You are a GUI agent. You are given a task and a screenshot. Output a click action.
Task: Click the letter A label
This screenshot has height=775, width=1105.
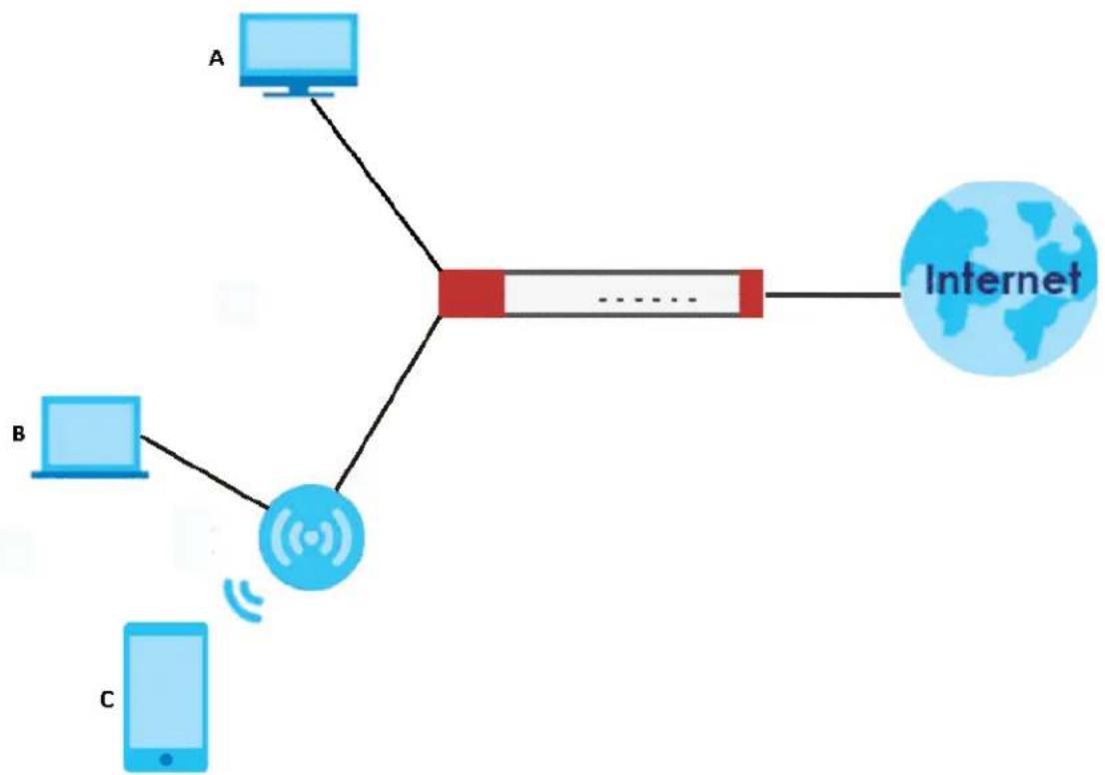point(217,59)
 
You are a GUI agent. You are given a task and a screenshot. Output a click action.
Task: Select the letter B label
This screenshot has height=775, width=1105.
point(19,434)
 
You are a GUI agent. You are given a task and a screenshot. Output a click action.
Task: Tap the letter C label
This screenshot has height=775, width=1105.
point(107,700)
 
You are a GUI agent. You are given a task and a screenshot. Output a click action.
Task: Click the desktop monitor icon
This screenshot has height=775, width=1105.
point(298,55)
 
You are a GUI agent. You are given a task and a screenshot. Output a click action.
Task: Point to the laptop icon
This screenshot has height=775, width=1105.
point(90,437)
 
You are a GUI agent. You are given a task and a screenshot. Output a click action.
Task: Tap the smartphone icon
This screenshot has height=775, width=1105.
point(166,697)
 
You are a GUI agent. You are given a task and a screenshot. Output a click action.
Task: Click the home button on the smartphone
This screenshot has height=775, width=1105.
point(166,759)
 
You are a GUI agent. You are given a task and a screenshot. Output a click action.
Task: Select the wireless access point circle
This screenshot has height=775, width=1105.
point(312,537)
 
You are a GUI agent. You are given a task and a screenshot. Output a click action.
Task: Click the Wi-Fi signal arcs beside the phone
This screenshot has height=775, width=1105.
point(244,599)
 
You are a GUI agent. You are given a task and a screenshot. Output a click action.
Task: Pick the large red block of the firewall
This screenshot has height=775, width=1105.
point(472,294)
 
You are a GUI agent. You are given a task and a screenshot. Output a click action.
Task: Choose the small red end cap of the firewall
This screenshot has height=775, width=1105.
point(751,294)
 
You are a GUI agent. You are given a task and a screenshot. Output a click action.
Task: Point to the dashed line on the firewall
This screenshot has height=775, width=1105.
point(647,301)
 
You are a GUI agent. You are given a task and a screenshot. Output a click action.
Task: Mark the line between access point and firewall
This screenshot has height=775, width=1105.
point(389,403)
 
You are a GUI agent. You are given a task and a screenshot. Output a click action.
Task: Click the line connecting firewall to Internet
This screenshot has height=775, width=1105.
point(833,295)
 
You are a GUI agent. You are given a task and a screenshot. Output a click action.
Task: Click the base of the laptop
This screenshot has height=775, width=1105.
point(90,474)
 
